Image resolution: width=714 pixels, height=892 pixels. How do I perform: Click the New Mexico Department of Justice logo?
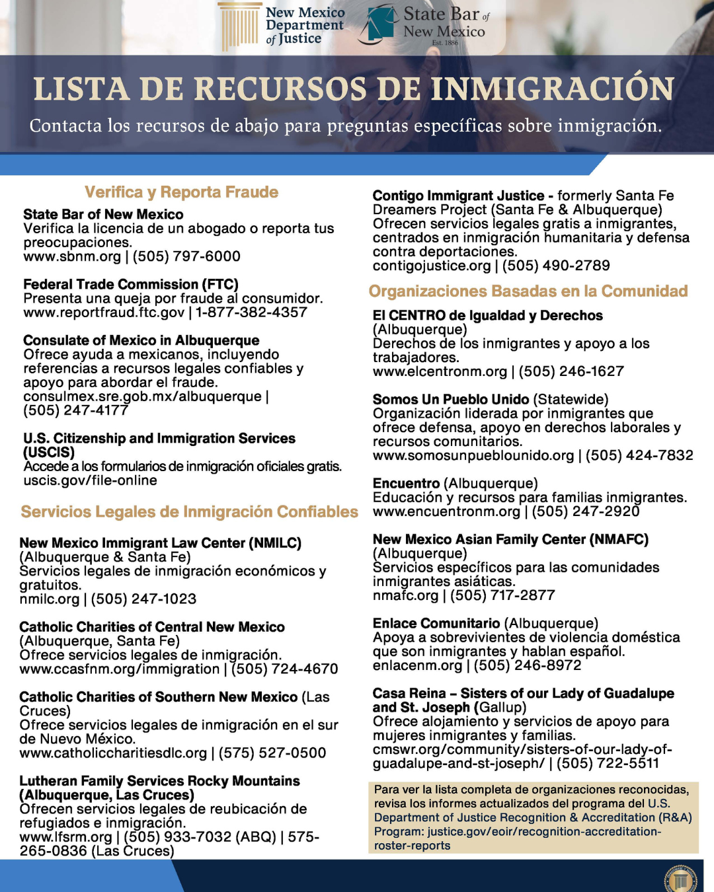click(x=282, y=26)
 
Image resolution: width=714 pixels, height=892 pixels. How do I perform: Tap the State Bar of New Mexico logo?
click(x=423, y=25)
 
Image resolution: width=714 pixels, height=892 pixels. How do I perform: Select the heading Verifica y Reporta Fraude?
click(x=181, y=192)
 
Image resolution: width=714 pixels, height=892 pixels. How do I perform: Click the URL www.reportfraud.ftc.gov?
click(x=104, y=312)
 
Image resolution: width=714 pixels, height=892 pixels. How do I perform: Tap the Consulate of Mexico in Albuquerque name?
click(x=141, y=340)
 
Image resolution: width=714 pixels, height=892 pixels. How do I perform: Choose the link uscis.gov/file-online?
click(x=90, y=480)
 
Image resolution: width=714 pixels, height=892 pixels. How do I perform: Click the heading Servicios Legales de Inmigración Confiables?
click(x=189, y=512)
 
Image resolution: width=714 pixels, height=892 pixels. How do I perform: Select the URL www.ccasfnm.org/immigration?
click(x=119, y=669)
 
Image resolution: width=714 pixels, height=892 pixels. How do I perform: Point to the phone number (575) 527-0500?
click(x=272, y=753)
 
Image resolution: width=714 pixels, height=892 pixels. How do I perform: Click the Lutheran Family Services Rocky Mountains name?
click(x=159, y=781)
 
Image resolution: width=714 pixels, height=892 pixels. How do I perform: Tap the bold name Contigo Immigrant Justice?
click(x=458, y=196)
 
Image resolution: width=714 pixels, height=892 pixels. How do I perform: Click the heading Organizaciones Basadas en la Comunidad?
click(x=528, y=291)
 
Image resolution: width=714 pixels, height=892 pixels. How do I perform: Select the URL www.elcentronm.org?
click(x=440, y=371)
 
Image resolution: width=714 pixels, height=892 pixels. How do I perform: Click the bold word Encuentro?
click(x=406, y=484)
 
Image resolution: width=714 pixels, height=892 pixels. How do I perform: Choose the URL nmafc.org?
click(x=405, y=595)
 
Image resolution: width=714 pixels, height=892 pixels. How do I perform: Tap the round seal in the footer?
click(x=680, y=879)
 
